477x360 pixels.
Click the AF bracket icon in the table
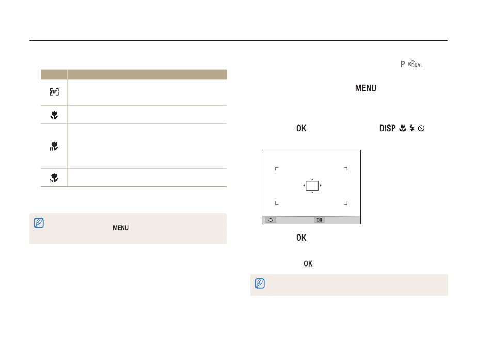[54, 91]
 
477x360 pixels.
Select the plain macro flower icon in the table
[54, 115]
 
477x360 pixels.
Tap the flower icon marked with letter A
[54, 146]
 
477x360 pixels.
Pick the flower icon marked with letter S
[54, 177]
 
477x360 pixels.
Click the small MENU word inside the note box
[120, 228]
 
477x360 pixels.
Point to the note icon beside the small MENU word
[39, 223]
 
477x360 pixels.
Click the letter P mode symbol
[403, 64]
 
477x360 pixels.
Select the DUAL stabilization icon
[416, 64]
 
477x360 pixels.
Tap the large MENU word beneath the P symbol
[365, 88]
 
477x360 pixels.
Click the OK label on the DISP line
[301, 128]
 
